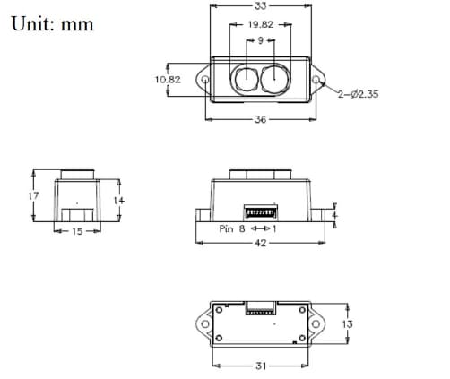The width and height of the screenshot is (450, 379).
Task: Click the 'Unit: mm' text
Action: [x=52, y=23]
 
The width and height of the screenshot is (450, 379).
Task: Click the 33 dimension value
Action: [x=261, y=5]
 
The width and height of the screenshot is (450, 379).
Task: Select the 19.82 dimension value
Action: [x=260, y=25]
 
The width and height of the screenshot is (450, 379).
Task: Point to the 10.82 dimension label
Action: [x=168, y=80]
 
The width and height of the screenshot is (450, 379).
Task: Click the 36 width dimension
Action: [x=261, y=119]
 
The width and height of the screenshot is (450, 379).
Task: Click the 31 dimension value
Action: [x=261, y=365]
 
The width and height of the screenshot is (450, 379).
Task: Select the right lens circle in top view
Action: [x=274, y=79]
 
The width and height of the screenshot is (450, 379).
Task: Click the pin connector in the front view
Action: [x=261, y=211]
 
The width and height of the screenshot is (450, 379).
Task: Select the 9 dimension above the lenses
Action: [x=260, y=40]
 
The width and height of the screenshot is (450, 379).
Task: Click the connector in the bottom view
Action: [x=261, y=309]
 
